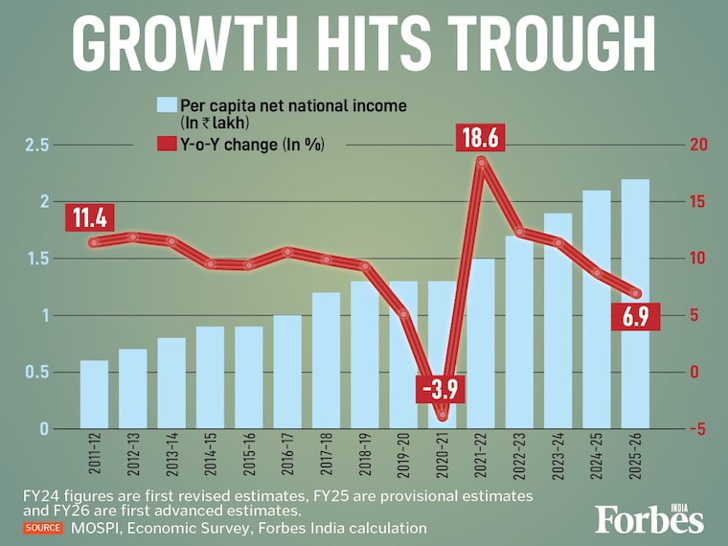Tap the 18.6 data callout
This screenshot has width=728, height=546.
pos(481,138)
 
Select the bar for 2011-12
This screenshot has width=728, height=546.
pos(94,394)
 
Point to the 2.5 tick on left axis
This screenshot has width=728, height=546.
pos(37,145)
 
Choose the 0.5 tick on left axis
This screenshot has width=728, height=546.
pos(37,372)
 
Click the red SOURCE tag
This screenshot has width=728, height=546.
pos(43,528)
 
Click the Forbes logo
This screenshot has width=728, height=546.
pos(648,518)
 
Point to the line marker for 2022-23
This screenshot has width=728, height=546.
pos(519,231)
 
